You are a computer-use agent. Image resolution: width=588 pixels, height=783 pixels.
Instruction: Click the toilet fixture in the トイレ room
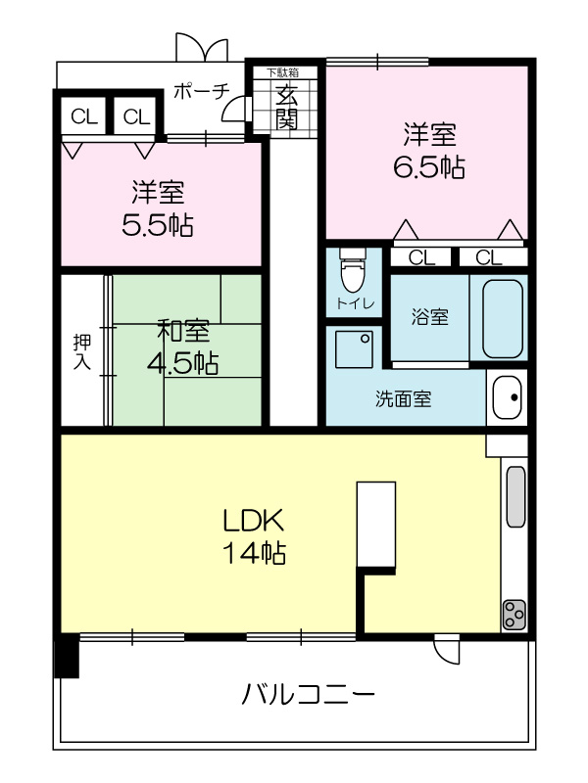[x=353, y=270]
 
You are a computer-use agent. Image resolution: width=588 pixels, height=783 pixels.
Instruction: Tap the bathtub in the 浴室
[x=503, y=318]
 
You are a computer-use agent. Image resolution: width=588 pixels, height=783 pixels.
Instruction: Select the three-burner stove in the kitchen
[x=514, y=615]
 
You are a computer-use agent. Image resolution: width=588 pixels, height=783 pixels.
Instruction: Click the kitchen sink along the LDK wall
[x=516, y=496]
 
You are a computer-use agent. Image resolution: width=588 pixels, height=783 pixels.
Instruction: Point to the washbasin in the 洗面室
[x=507, y=397]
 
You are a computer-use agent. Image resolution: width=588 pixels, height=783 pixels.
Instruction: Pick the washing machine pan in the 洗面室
[x=354, y=349]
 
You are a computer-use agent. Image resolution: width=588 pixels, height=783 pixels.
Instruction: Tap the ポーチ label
[x=202, y=91]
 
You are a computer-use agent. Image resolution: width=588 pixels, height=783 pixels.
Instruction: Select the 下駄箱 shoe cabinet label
[x=282, y=72]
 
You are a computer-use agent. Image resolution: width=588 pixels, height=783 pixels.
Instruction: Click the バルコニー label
[x=308, y=694]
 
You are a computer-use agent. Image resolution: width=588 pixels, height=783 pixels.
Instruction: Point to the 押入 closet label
[x=82, y=351]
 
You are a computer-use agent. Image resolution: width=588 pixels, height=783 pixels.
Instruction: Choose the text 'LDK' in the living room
[x=254, y=521]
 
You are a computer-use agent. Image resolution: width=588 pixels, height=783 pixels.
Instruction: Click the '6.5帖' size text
[x=429, y=167]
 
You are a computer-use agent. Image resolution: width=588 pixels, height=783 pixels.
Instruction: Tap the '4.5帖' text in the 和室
[x=182, y=363]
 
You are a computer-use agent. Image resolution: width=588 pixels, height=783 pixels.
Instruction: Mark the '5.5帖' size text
[x=158, y=226]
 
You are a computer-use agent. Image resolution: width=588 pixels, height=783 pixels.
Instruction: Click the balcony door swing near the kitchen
[x=447, y=649]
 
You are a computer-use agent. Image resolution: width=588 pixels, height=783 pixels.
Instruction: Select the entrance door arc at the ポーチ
[x=234, y=109]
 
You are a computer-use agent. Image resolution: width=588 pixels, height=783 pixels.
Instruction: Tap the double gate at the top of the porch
[x=202, y=47]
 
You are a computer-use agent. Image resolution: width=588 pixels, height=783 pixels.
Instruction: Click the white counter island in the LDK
[x=376, y=524]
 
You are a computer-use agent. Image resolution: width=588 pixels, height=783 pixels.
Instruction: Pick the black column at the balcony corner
[x=67, y=655]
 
